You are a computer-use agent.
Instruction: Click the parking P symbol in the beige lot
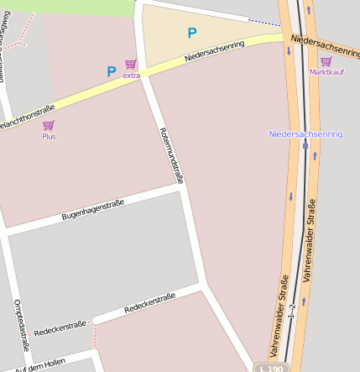click(x=192, y=34)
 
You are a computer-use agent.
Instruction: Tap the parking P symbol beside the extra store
click(x=111, y=72)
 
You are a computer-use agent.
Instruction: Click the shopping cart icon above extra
click(x=130, y=65)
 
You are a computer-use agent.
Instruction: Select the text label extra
click(x=131, y=76)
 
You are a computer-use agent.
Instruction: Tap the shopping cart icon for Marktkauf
click(x=326, y=61)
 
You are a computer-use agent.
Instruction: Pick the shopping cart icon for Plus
click(x=49, y=125)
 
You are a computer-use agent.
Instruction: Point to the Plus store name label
click(x=49, y=136)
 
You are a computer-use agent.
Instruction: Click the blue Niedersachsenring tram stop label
click(x=305, y=134)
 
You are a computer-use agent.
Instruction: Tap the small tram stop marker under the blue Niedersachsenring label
click(x=305, y=145)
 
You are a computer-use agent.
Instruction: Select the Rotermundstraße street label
click(x=170, y=155)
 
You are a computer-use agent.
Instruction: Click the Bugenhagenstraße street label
click(x=92, y=210)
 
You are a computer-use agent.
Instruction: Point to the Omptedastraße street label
click(x=22, y=324)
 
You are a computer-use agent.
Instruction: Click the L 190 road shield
click(x=273, y=368)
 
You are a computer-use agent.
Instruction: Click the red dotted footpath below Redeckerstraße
click(x=95, y=334)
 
